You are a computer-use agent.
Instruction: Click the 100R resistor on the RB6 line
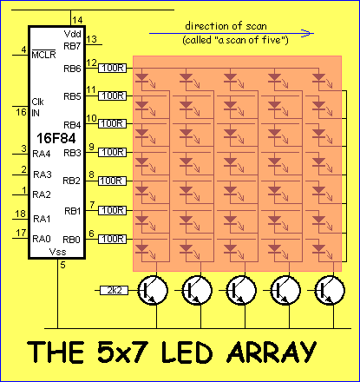click(113, 69)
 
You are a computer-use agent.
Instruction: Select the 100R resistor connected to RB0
click(113, 239)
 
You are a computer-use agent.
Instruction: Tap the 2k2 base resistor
click(115, 290)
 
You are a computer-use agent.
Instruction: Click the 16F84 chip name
click(56, 138)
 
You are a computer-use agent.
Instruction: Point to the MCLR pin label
click(43, 55)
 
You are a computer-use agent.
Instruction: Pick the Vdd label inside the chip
click(72, 34)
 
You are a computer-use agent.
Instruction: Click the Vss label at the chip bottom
click(58, 252)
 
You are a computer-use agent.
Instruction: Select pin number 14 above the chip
click(77, 20)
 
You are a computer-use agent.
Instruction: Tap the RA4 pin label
click(42, 154)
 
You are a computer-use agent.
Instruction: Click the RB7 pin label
click(72, 46)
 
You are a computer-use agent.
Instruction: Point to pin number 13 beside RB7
click(91, 39)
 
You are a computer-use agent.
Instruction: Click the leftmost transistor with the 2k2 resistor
click(153, 290)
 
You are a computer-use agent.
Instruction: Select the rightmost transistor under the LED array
click(330, 290)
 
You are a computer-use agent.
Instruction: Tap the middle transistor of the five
click(241, 290)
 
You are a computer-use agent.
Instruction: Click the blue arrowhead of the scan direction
click(307, 33)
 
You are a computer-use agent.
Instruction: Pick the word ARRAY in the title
click(272, 352)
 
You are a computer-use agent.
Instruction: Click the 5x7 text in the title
click(123, 352)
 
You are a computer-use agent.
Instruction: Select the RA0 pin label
click(42, 239)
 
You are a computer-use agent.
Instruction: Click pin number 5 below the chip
click(62, 265)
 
